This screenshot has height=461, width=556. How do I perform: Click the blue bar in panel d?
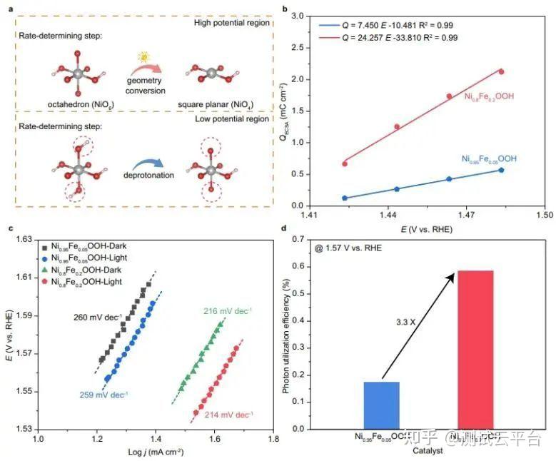(382, 405)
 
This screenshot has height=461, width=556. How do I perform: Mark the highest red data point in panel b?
(501, 71)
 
